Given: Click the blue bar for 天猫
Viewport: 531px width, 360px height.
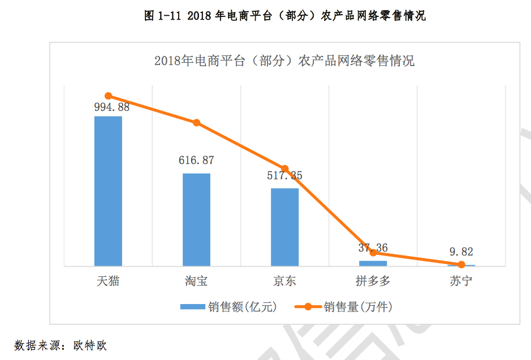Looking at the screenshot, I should click(108, 190).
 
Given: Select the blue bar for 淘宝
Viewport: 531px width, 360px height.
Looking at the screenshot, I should click(196, 219).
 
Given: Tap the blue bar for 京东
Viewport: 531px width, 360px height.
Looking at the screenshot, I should click(284, 227).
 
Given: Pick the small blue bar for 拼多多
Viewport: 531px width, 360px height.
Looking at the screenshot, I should click(373, 263).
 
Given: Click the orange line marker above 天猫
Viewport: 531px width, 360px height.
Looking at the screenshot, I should click(109, 96).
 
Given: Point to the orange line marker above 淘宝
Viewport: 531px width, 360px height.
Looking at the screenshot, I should click(197, 123).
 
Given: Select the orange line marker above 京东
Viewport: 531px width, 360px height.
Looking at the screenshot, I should click(285, 169).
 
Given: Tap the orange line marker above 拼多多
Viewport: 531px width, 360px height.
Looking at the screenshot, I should click(373, 253).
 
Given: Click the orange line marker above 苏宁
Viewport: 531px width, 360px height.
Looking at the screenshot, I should click(461, 264).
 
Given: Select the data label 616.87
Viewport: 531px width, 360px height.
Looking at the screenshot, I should click(196, 161).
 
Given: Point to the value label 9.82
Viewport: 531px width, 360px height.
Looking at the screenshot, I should click(460, 252).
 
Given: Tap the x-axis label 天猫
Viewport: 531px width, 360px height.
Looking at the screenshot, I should click(108, 281).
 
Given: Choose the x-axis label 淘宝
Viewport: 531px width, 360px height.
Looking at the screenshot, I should click(196, 281).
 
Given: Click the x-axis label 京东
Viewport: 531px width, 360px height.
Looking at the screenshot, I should click(284, 281).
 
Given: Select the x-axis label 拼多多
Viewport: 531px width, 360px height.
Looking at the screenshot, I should click(373, 281).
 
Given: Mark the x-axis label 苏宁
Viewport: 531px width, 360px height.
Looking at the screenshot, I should click(461, 281).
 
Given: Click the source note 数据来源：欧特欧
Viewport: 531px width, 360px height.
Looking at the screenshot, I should click(61, 345).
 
